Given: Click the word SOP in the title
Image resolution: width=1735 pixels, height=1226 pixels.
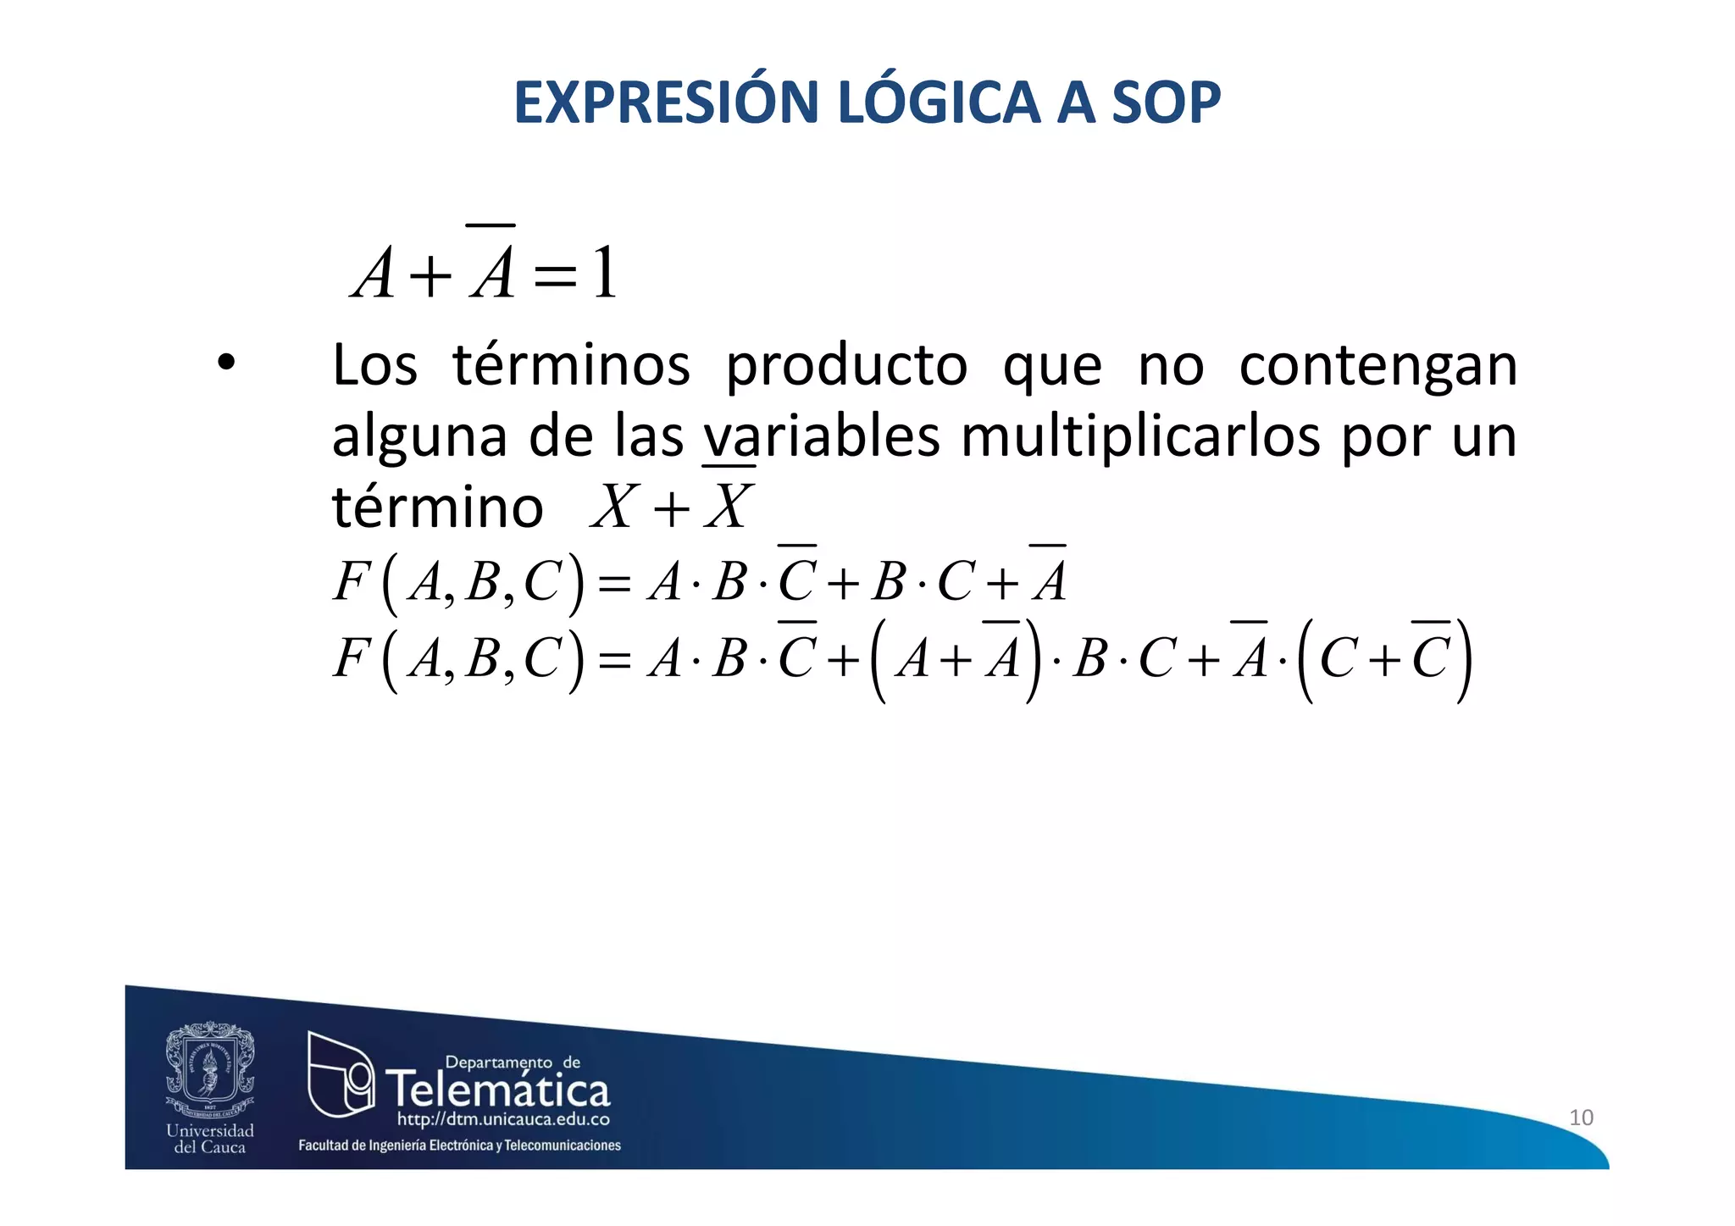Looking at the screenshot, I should click(x=1165, y=103).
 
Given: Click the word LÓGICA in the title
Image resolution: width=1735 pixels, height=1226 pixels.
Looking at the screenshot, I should click(x=937, y=103).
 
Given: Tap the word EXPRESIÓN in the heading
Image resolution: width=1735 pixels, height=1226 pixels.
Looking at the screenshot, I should click(x=665, y=103).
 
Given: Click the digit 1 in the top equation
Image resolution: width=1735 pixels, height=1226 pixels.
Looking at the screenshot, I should click(x=604, y=273).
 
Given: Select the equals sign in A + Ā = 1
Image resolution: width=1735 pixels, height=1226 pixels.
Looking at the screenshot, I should click(x=555, y=276).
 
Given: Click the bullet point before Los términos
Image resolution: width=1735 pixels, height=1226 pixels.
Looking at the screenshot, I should click(x=225, y=364).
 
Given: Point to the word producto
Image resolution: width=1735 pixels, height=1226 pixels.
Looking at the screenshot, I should click(x=845, y=366).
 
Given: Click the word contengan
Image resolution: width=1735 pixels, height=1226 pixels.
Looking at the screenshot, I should click(x=1377, y=366).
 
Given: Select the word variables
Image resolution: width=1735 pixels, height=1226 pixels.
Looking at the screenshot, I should click(x=821, y=437).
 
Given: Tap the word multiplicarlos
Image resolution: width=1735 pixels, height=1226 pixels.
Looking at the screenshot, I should click(x=1140, y=437).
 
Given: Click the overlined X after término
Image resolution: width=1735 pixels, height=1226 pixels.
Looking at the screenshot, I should click(x=728, y=506).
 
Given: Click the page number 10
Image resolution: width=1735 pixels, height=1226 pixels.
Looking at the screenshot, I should click(x=1581, y=1117).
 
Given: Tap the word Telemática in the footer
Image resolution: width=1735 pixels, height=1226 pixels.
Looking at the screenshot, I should click(x=498, y=1089).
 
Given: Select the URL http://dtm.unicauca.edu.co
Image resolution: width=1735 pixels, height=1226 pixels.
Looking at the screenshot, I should click(x=503, y=1119).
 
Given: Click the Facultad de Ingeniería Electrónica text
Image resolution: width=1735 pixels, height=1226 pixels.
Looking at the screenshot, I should click(x=459, y=1146).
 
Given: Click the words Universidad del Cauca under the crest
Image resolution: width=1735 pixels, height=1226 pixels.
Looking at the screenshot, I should click(x=209, y=1139).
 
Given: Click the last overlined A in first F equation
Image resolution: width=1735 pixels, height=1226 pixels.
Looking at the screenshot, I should click(x=1049, y=580).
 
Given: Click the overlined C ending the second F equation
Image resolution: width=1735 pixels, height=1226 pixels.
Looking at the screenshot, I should click(x=1430, y=657).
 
